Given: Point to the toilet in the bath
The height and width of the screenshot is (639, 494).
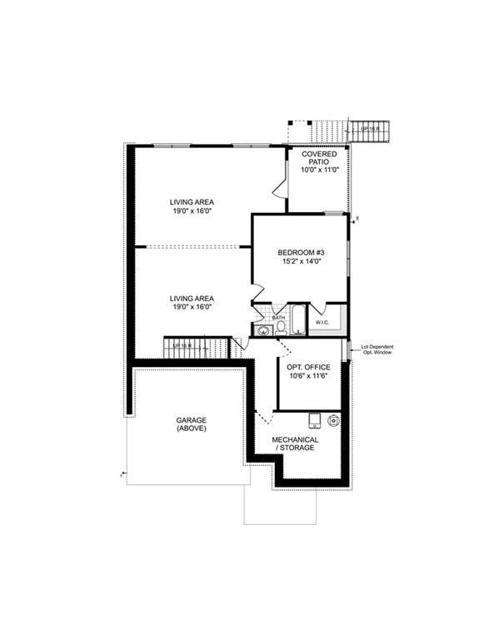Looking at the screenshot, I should (281, 327).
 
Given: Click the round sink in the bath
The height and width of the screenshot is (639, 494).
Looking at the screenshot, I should (263, 329).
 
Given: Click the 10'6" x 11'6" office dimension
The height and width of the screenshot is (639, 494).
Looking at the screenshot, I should (308, 377).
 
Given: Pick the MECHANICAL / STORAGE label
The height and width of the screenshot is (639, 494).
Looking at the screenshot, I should (296, 443).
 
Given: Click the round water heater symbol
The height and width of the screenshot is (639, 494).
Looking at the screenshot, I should (333, 420).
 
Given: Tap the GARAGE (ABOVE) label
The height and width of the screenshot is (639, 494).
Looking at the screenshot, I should (191, 424).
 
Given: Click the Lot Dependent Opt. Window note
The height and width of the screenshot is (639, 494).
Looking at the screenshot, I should (377, 349).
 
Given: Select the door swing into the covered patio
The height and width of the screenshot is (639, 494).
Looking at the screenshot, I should (282, 191).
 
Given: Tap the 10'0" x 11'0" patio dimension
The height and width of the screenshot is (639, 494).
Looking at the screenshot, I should (319, 170).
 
